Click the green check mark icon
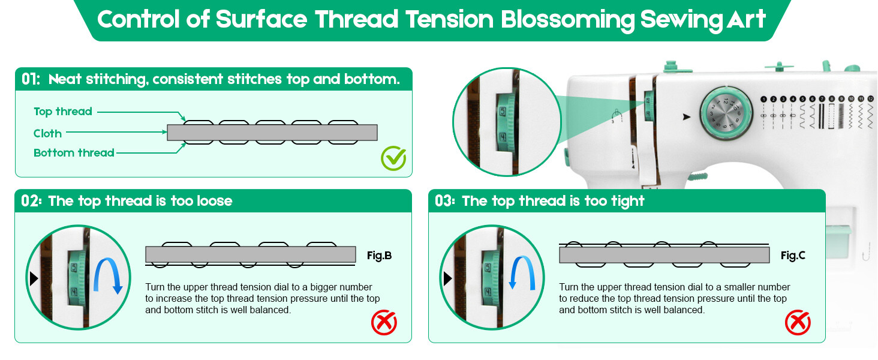coord(393,158)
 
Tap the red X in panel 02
coord(384,322)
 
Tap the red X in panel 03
coord(798,322)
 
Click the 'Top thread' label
coord(63,112)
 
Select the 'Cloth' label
coord(47,134)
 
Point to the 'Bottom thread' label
coord(74,152)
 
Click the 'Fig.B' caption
coord(379,256)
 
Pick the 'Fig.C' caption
coord(793,256)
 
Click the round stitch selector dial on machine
coord(726,113)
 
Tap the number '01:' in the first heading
coord(31,79)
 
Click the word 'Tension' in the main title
coord(450,19)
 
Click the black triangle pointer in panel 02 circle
coord(34,278)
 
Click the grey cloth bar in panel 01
coord(272,133)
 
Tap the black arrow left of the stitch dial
coord(686,117)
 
